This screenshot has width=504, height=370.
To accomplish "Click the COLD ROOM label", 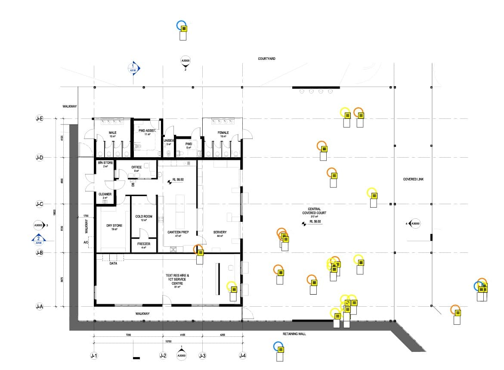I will point(144,216).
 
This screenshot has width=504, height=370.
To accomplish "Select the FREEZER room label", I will point(144,244).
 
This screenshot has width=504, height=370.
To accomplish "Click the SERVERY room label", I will point(220,232).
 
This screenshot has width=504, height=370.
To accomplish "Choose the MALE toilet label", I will point(112,133).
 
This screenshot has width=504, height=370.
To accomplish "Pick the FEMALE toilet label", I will point(223,133).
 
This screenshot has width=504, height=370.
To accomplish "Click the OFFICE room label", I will point(136,167).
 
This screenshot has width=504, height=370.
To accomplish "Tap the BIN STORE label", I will point(105,163).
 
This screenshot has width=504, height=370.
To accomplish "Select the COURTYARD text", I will point(266,59).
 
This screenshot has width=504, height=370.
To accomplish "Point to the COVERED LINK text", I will point(413,179).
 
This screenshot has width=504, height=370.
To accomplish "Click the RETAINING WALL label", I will point(294,334).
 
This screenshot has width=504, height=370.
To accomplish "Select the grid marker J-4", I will point(243,356).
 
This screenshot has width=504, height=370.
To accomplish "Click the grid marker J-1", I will point(94,356).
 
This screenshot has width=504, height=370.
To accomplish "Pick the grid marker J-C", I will point(40,204).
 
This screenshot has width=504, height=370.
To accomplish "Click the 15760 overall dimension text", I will point(168,342).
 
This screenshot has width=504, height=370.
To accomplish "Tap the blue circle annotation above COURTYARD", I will point(182,25).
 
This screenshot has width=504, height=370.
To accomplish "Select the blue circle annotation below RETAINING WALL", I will point(278,346).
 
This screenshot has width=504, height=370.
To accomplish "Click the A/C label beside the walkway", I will point(86,243).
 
